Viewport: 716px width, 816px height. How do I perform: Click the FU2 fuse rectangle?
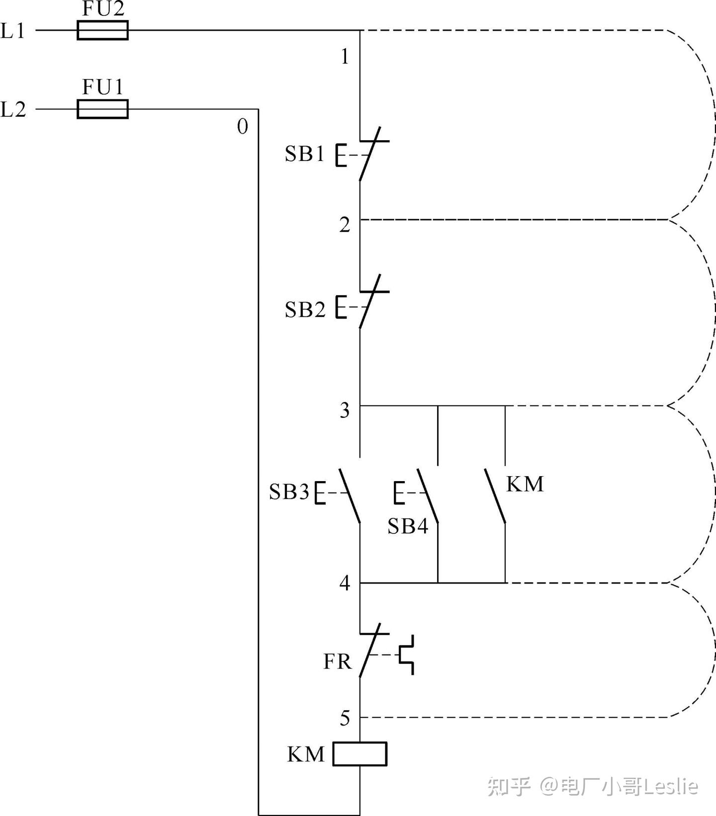pyautogui.click(x=102, y=30)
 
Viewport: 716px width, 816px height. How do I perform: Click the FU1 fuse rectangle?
pyautogui.click(x=102, y=109)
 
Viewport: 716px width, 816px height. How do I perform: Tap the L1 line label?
pyautogui.click(x=12, y=31)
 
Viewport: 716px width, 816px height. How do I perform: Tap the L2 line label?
pyautogui.click(x=13, y=109)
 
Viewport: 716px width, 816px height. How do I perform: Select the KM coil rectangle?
pyautogui.click(x=359, y=754)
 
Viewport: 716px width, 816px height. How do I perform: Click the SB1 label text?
pyautogui.click(x=304, y=154)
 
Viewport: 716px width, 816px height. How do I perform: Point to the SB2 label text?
pyautogui.click(x=305, y=310)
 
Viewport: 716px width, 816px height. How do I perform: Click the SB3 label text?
pyautogui.click(x=289, y=492)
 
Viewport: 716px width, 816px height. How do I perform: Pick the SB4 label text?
pyautogui.click(x=408, y=526)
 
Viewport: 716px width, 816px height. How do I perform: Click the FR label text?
pyautogui.click(x=337, y=661)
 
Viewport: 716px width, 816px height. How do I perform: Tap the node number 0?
pyautogui.click(x=243, y=127)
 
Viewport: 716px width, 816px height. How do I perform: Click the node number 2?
pyautogui.click(x=345, y=225)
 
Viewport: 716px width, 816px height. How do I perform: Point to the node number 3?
pyautogui.click(x=345, y=410)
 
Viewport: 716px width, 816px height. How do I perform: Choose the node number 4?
pyautogui.click(x=345, y=583)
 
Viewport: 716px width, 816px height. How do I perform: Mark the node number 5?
pyautogui.click(x=345, y=718)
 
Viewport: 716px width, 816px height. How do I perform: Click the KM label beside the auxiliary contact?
pyautogui.click(x=525, y=484)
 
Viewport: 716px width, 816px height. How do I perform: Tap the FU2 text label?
pyautogui.click(x=103, y=9)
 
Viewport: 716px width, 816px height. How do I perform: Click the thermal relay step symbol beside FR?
pyautogui.click(x=407, y=654)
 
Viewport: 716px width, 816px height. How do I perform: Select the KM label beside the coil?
pyautogui.click(x=306, y=754)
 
